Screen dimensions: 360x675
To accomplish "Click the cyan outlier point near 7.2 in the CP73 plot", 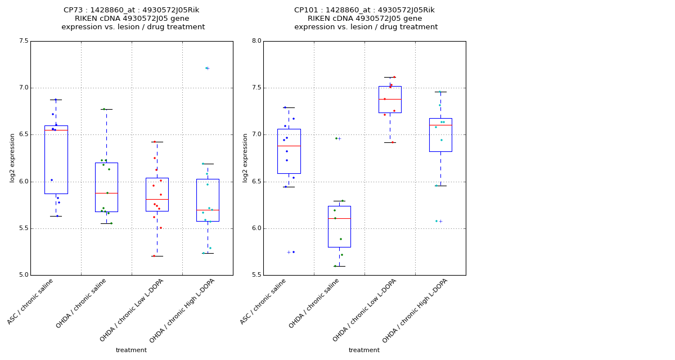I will (206, 68).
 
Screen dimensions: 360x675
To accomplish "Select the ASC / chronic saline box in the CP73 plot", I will (56, 160).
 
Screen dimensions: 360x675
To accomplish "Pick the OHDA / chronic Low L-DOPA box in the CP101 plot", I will (390, 100).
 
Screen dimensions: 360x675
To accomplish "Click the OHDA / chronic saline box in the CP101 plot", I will (339, 226).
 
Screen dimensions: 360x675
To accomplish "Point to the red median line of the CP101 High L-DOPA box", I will (440, 125).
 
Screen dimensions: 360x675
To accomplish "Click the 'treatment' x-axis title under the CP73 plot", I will (131, 350).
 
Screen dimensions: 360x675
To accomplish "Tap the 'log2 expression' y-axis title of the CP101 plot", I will (245, 157).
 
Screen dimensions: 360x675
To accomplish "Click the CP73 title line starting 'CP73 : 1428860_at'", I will (131, 10).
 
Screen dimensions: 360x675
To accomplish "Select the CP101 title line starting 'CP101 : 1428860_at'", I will (364, 10).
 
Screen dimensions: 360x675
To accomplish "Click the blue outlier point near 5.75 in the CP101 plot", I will (293, 252).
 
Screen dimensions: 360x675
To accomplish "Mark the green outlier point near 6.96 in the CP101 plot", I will (336, 138).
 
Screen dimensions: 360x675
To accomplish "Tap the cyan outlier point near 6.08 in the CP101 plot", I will (436, 221).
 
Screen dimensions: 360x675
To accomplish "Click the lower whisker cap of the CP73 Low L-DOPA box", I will (157, 256).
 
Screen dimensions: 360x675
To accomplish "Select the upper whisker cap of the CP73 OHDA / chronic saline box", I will (106, 109).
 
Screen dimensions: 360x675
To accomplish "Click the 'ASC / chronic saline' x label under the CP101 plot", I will (264, 301).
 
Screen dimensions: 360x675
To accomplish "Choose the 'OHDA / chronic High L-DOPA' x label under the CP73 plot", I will (182, 310).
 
